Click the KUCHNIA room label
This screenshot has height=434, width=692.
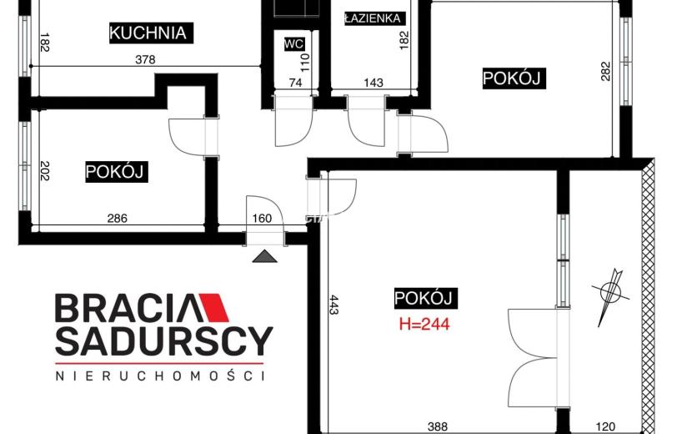(x=148, y=33)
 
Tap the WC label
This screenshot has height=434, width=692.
(x=294, y=43)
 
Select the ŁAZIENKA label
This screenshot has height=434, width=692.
(x=373, y=18)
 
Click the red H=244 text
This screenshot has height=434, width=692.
(x=424, y=324)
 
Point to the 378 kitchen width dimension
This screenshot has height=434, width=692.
(x=145, y=59)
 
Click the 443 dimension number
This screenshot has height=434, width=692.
(x=333, y=305)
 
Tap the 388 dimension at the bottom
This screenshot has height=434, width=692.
(x=438, y=426)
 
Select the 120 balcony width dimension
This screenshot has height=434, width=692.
(x=605, y=426)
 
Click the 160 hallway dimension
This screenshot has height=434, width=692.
(x=262, y=219)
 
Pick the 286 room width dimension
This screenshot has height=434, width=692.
(x=118, y=219)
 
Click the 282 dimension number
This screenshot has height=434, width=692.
(x=605, y=71)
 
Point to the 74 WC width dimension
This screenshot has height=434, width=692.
(x=295, y=83)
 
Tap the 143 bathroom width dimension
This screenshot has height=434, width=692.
(x=374, y=83)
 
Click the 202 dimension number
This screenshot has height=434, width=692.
(x=44, y=170)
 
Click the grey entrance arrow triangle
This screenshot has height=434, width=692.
(x=265, y=256)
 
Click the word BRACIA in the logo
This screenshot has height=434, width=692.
(x=129, y=308)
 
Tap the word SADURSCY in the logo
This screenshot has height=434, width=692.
(x=163, y=341)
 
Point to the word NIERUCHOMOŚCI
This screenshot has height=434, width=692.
(x=161, y=376)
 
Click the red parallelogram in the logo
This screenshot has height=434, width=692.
(x=214, y=308)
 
